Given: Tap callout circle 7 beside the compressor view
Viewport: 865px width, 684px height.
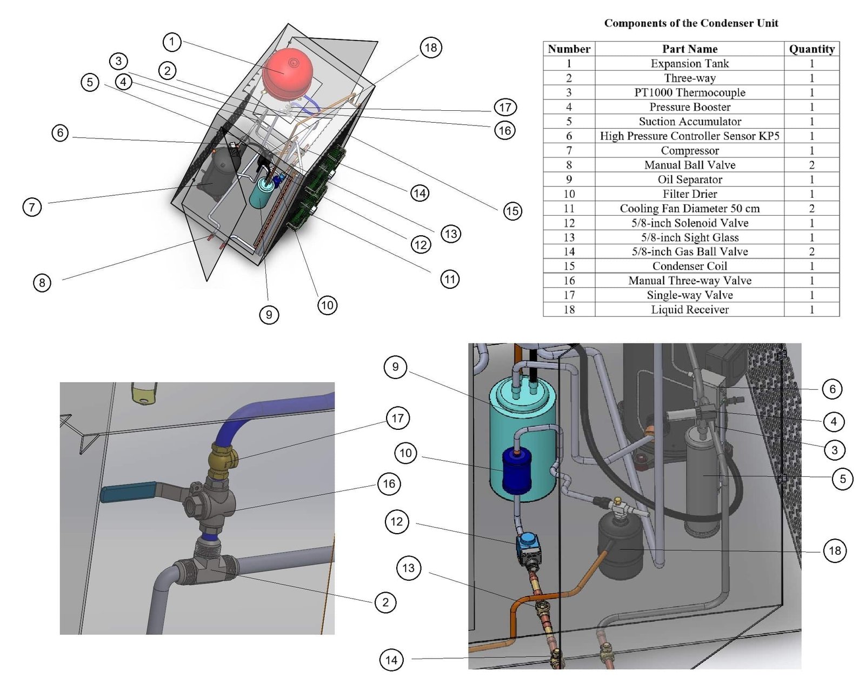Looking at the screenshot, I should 32,207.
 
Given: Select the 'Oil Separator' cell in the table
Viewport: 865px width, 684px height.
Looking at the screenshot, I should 689,180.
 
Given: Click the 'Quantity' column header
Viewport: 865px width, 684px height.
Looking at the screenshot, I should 811,49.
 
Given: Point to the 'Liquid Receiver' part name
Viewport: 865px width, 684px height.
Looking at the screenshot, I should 689,310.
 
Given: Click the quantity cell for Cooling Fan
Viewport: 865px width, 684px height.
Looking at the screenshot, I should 811,209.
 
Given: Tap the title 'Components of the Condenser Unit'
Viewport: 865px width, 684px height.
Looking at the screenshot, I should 691,23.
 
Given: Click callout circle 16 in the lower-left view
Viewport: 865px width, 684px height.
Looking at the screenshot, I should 389,484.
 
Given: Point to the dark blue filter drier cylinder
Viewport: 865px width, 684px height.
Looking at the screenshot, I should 516,472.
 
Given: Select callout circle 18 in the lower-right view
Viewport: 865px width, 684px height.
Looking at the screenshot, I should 835,551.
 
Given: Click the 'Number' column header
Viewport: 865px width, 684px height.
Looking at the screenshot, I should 569,49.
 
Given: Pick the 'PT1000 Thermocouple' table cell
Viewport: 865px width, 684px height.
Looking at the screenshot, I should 689,92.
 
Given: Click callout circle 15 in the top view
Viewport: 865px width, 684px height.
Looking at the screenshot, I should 513,211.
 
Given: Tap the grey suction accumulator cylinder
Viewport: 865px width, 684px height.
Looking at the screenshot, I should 703,476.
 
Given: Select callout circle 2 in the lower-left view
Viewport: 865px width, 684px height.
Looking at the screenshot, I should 385,602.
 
